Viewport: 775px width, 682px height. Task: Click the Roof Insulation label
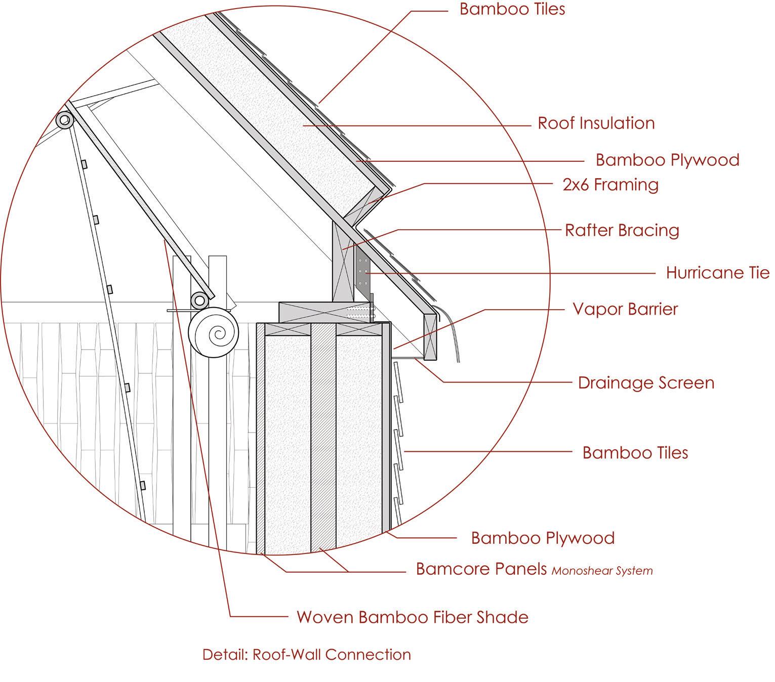coord(596,123)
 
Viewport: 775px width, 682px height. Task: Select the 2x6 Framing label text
coord(610,185)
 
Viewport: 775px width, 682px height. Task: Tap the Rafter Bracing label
coord(622,230)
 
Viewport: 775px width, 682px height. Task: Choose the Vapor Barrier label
coord(625,309)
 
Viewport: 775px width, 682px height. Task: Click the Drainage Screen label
coord(646,382)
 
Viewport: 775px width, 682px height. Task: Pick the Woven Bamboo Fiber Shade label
coord(412,617)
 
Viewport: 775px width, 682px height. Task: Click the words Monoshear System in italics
coord(602,571)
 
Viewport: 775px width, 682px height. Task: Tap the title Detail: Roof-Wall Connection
coord(306,655)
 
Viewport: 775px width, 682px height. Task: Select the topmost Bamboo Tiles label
coord(512,9)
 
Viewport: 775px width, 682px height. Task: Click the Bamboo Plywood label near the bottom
coord(543,538)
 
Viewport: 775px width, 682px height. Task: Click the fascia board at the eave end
coord(430,336)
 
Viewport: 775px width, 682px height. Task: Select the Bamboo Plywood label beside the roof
coord(667,160)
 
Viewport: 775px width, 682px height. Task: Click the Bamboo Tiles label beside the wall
coord(635,452)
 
